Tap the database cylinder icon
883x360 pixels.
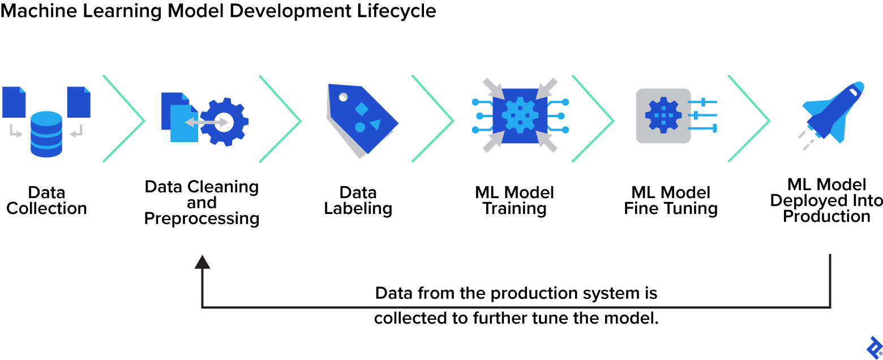coord(46,134)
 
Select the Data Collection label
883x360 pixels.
coord(46,200)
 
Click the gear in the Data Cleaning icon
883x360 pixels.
coord(224,122)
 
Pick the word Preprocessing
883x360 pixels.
coord(202,218)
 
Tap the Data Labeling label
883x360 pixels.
coord(358,200)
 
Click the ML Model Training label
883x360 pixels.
coord(515,200)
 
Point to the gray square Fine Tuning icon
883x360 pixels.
coord(663,116)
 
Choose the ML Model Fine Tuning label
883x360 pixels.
coord(671,200)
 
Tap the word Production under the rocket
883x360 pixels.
coord(826,216)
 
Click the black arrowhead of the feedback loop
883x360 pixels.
coord(202,261)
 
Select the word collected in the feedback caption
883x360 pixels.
coord(412,318)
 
